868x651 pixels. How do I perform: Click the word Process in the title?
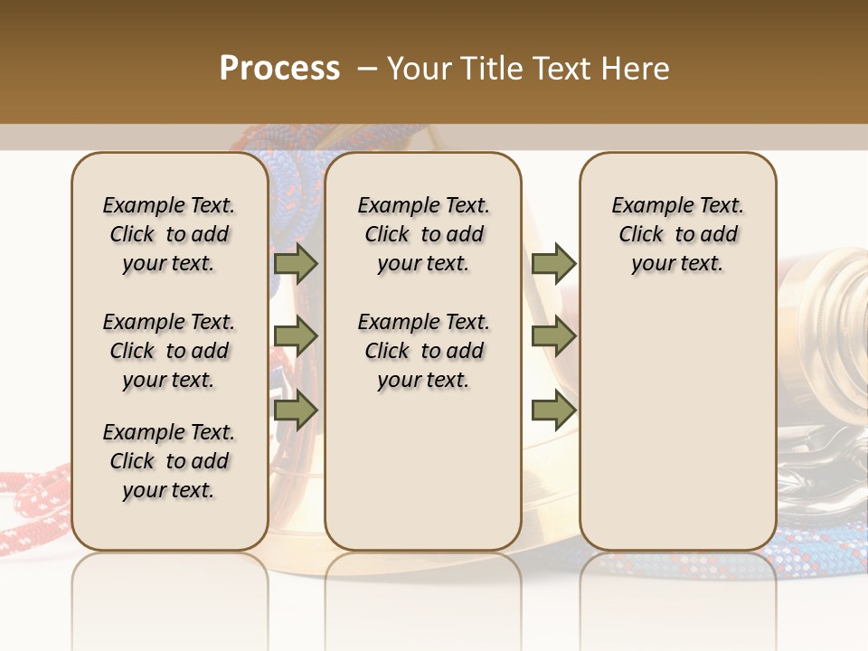coord(279,69)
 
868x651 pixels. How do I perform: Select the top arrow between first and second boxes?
coord(296,263)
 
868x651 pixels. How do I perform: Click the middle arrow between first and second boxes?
coord(296,336)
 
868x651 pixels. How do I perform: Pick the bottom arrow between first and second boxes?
coord(296,410)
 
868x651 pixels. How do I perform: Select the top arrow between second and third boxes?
coord(553,263)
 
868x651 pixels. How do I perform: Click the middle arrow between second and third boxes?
coord(553,336)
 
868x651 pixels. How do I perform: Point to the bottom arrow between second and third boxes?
coord(553,410)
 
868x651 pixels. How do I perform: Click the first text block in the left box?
coord(169,234)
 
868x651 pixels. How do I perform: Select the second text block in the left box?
coord(169,351)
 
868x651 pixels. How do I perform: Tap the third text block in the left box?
coord(169,461)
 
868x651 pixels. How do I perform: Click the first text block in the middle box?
coord(424,234)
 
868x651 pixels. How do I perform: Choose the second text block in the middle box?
coord(424,351)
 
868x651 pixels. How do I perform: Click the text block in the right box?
coord(678,234)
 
